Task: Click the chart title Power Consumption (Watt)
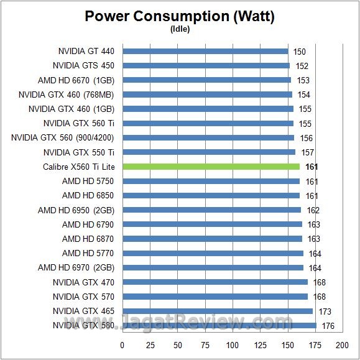180,17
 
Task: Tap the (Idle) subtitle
180,29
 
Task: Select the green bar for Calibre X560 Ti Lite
211,167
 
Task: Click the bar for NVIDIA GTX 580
219,325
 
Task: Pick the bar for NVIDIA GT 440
205,51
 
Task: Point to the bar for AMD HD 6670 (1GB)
206,80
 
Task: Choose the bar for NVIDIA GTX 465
218,311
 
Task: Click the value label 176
328,325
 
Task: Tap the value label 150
300,52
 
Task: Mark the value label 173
325,311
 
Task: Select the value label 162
313,210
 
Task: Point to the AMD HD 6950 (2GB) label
76,210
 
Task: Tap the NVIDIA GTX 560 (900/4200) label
63,137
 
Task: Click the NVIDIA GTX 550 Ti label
79,152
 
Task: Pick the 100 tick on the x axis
233,345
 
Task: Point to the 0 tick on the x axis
122,345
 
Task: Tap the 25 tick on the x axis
150,345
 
